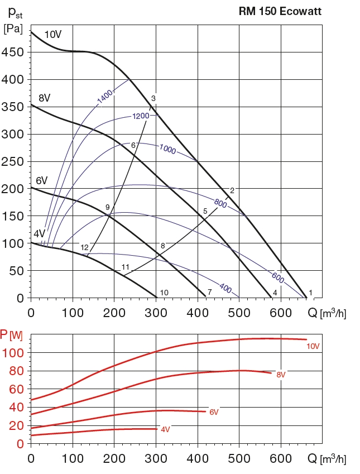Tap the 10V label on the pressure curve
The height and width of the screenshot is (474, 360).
[52, 35]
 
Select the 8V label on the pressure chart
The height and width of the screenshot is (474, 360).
[45, 98]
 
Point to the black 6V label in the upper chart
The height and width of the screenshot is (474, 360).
[42, 180]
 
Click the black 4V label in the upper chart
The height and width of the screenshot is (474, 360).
[39, 233]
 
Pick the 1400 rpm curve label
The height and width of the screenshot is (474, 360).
[104, 96]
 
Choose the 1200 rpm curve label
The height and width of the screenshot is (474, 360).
[141, 116]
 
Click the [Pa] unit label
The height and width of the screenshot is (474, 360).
[13, 29]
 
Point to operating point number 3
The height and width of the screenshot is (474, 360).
[153, 99]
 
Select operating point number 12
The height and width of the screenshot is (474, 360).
[85, 247]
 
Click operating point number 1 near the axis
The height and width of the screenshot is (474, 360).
[310, 292]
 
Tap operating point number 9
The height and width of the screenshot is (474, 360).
[107, 208]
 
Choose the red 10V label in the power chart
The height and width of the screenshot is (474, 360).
[313, 346]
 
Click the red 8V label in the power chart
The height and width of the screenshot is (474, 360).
[281, 375]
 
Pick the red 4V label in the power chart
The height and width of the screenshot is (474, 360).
[165, 429]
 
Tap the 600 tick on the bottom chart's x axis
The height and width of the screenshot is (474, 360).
[281, 459]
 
